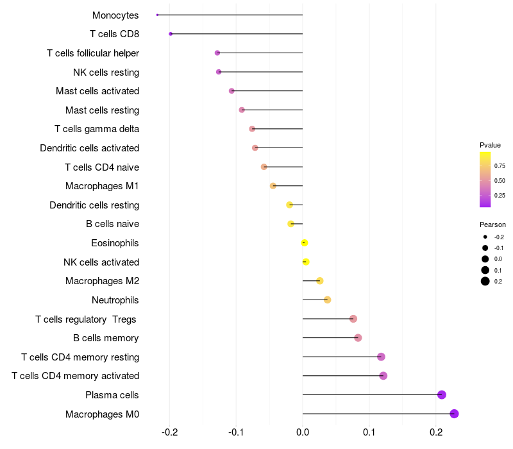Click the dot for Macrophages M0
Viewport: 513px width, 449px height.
click(454, 414)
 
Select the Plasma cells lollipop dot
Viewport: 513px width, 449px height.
click(442, 394)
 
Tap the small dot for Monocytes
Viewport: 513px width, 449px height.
click(158, 15)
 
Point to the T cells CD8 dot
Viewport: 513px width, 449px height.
click(171, 33)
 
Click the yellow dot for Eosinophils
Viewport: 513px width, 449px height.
click(305, 242)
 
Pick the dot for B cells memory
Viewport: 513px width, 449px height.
click(358, 338)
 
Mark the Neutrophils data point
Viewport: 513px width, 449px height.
click(327, 300)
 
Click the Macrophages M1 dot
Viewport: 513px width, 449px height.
click(273, 186)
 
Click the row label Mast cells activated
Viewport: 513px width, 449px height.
click(97, 91)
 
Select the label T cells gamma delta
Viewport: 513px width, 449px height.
click(97, 129)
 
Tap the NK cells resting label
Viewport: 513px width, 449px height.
click(106, 72)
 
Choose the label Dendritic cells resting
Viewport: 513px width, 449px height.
click(94, 205)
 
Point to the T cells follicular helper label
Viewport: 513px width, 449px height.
click(93, 53)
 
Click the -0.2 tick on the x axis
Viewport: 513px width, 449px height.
click(169, 433)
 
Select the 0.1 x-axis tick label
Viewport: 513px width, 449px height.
click(369, 433)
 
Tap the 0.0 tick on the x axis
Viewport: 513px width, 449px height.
click(303, 433)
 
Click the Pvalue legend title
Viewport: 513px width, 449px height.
click(490, 145)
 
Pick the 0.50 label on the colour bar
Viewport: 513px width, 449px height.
click(500, 180)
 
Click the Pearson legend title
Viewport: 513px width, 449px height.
click(492, 224)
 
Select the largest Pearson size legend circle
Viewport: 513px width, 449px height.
click(485, 281)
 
